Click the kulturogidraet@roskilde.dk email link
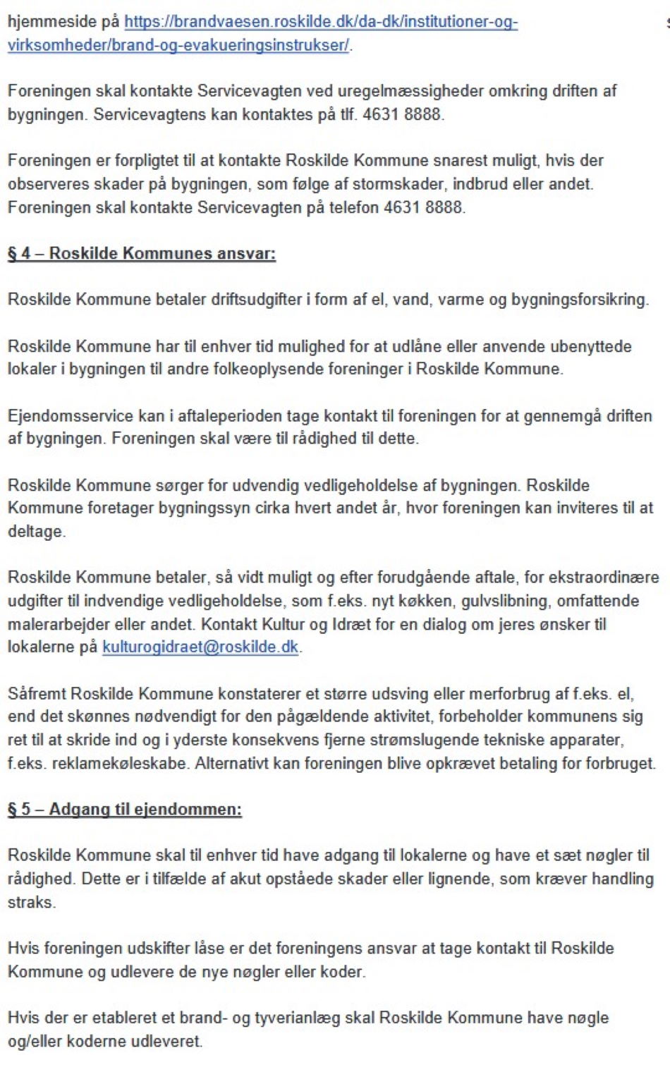click(200, 647)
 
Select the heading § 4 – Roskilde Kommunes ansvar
click(141, 253)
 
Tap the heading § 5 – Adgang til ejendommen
click(124, 809)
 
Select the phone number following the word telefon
click(423, 207)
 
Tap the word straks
click(30, 902)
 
